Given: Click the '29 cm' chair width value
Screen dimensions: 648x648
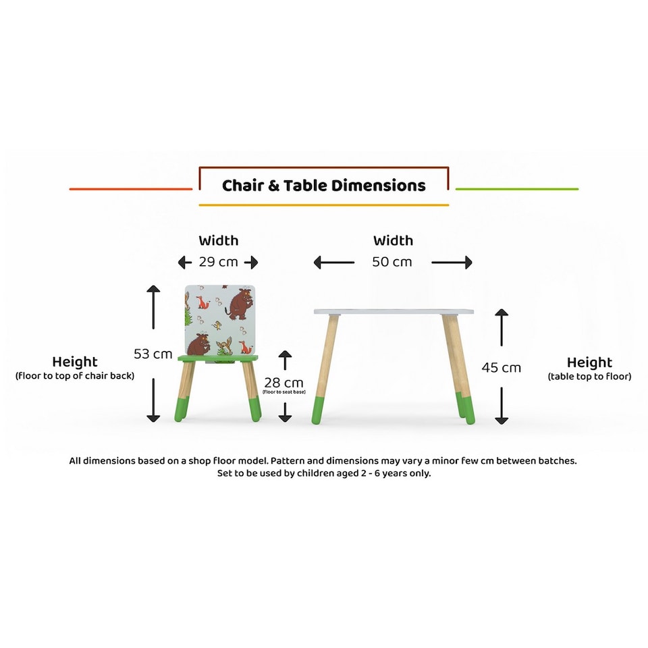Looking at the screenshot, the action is (x=218, y=262).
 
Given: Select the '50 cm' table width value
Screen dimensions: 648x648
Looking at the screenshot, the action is (x=392, y=262).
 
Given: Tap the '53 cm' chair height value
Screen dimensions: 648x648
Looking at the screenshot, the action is (x=153, y=354).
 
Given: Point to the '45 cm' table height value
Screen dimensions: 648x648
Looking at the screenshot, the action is (x=501, y=367).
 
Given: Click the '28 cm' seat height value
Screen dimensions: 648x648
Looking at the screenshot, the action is (x=283, y=383).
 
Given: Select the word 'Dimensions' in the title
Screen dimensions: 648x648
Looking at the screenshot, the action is (x=383, y=186).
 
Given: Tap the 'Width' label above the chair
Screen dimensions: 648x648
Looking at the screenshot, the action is (x=218, y=240).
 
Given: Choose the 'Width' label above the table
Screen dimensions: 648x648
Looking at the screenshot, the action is (x=393, y=240).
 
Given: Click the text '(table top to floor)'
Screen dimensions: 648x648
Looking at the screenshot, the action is (x=589, y=377).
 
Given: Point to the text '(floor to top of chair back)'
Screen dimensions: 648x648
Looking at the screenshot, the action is (x=74, y=376).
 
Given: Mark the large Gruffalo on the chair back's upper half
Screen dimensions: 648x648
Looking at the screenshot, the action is (x=239, y=304).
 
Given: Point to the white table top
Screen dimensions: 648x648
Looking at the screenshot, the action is (x=393, y=312).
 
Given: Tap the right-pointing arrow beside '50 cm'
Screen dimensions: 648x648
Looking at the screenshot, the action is (x=452, y=262).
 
